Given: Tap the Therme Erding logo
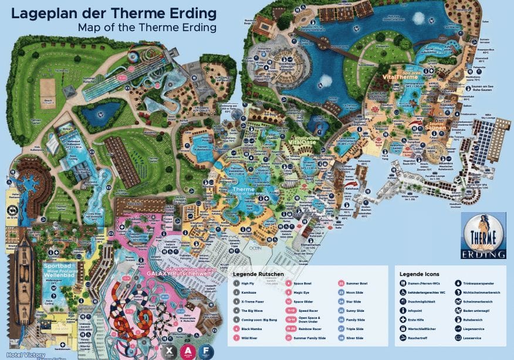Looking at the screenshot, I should point(483,235).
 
